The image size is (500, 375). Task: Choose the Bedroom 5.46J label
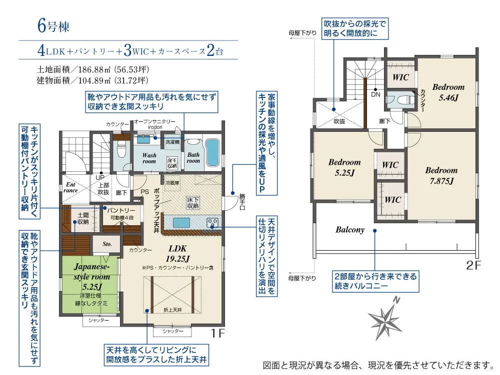tap(448, 92)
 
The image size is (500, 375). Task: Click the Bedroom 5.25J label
tap(344, 167)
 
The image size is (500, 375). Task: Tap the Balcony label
tap(350, 230)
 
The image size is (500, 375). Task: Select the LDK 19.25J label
tap(178, 253)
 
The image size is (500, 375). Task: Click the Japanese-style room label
tap(91, 276)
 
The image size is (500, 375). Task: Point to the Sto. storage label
tap(107, 244)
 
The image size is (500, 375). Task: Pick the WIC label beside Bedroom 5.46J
tap(400, 77)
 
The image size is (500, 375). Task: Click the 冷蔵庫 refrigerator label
tap(171, 182)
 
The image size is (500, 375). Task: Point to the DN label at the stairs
tap(375, 94)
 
